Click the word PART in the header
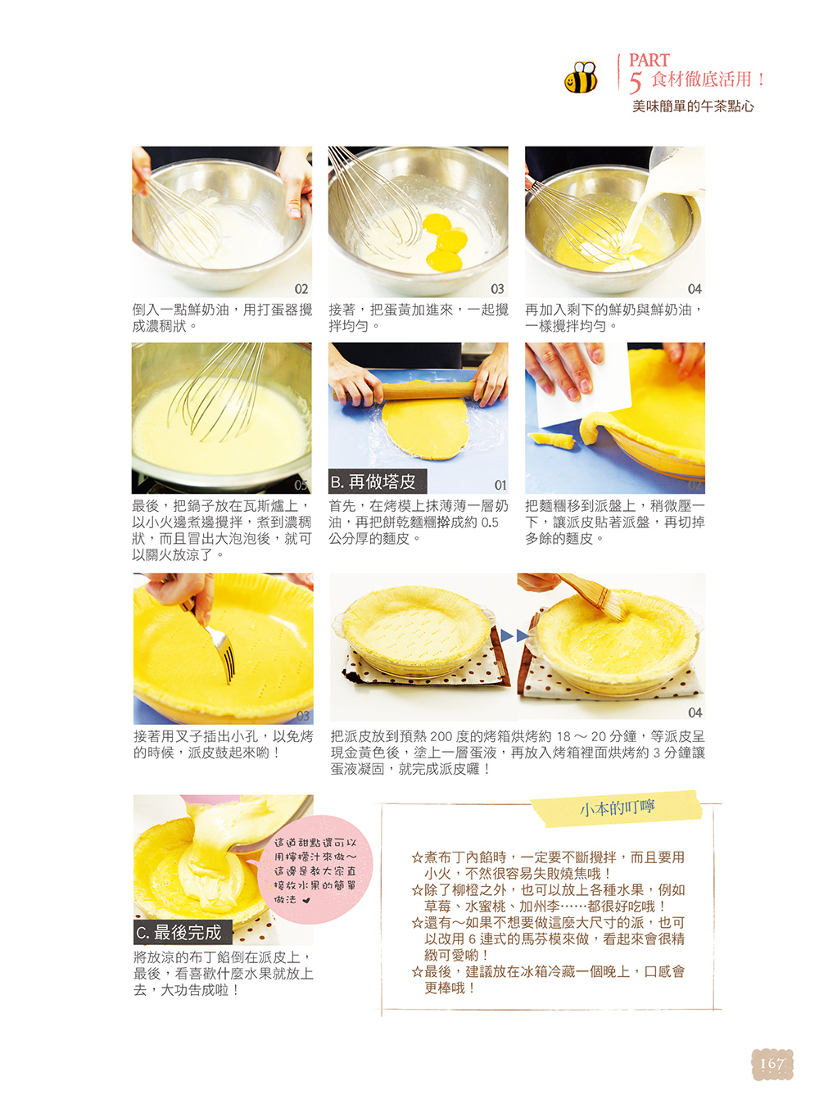648,60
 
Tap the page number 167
771,1063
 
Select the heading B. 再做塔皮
377,482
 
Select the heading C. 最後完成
182,932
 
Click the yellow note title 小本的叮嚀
617,807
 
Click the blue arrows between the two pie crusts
514,635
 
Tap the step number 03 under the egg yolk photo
496,289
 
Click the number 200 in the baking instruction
441,736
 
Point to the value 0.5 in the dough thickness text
490,522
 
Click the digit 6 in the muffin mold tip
472,939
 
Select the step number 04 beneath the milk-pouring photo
694,289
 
